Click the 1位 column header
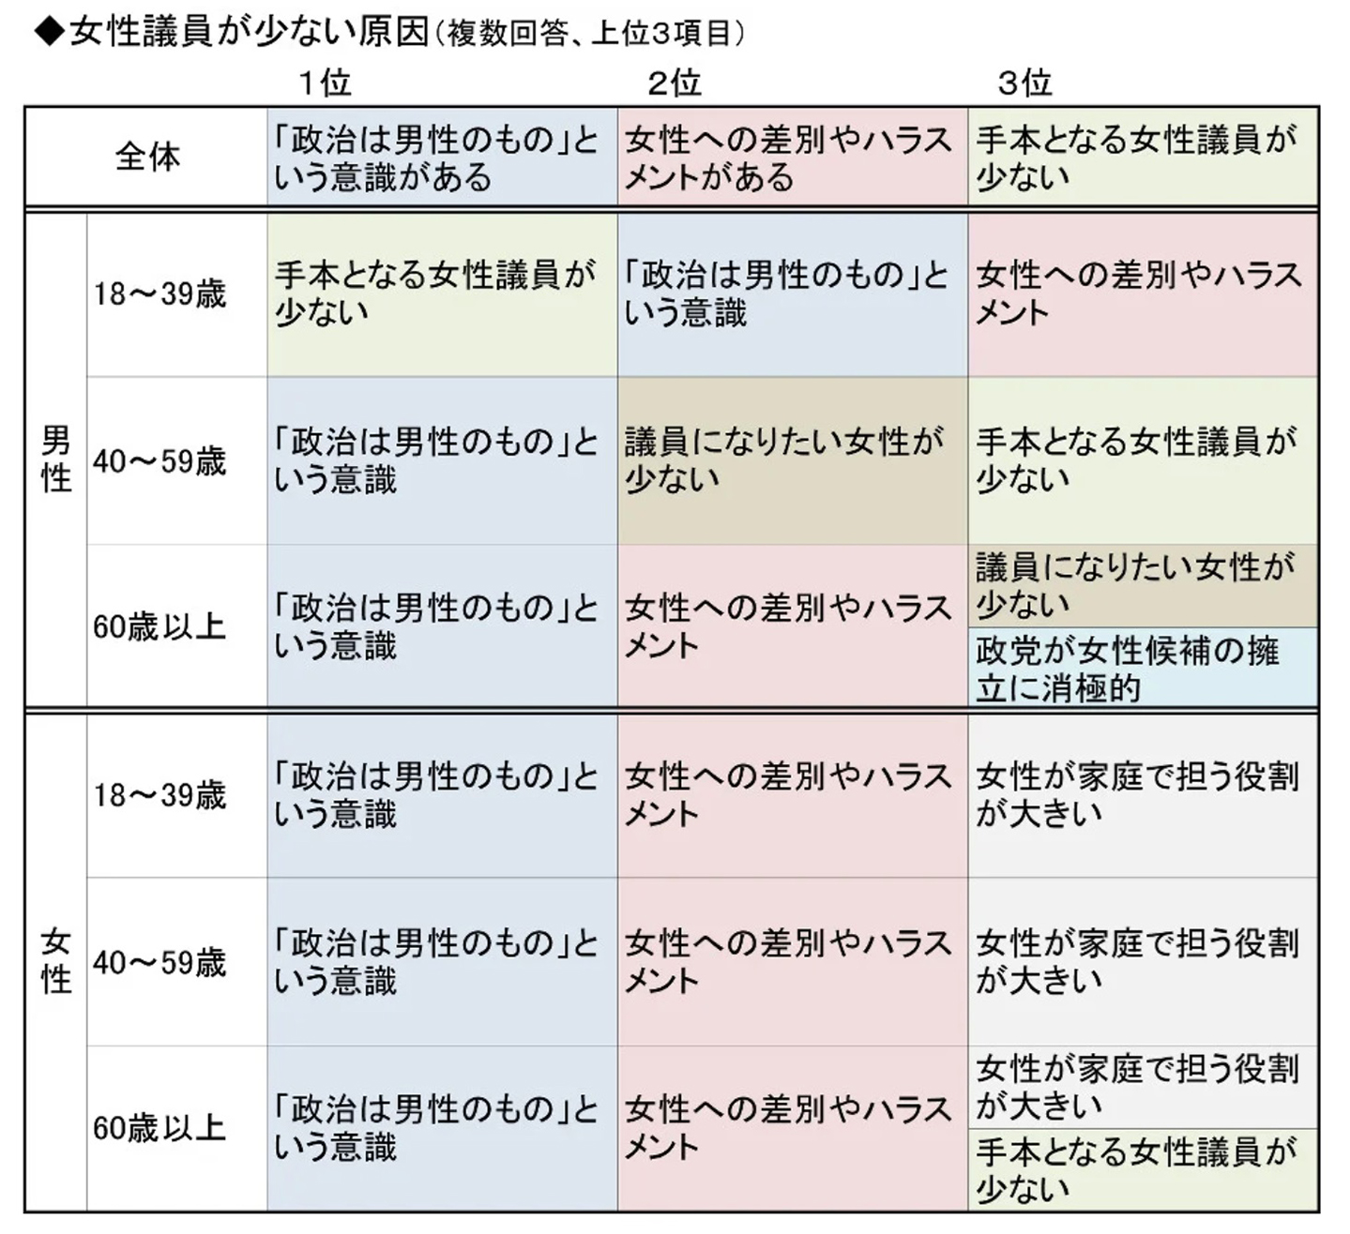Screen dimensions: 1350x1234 (x=325, y=83)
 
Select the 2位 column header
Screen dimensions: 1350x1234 (x=675, y=83)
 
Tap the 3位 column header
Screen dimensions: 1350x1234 (x=1025, y=83)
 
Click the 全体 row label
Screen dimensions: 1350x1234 (x=147, y=158)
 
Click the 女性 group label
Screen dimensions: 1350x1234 (x=56, y=961)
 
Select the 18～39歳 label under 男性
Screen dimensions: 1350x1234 (x=159, y=294)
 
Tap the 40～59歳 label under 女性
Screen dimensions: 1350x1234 (x=159, y=963)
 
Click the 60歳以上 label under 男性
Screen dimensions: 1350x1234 (x=159, y=627)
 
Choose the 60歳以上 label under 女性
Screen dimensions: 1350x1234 (x=159, y=1129)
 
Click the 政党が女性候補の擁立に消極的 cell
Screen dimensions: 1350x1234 (x=1143, y=668)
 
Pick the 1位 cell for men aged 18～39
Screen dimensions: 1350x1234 (x=442, y=295)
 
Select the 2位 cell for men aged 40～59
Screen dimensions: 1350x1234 (x=793, y=461)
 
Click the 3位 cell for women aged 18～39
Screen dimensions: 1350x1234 (x=1143, y=796)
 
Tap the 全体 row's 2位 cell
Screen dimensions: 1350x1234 (x=793, y=156)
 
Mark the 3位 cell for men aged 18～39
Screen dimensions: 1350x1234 (x=1143, y=295)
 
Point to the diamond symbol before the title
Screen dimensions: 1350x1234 (x=49, y=32)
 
